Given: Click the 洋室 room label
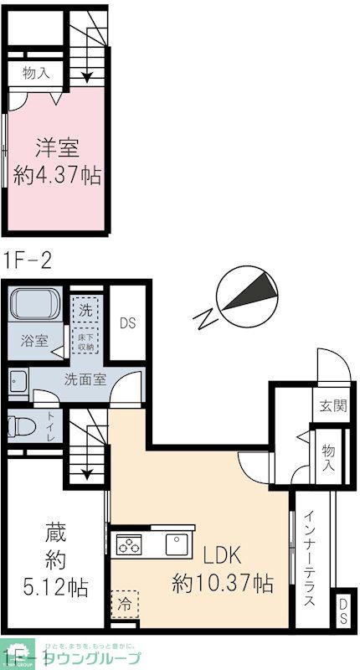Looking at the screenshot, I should coord(57,149).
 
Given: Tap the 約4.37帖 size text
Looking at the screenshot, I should coord(57,176).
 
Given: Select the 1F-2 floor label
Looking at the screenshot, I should coord(28,260).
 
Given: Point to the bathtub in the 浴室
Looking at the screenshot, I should coord(35,307).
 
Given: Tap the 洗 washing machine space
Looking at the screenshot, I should coord(85,307).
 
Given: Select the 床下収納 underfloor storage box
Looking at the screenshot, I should coord(85,342).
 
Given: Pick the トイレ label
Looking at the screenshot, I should coord(51,426).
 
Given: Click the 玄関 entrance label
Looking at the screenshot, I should coord(332,406).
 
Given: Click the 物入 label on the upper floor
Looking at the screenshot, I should coord(36,73).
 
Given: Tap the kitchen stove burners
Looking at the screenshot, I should coord(130,547).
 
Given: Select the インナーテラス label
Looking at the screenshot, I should coord(309,559).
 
